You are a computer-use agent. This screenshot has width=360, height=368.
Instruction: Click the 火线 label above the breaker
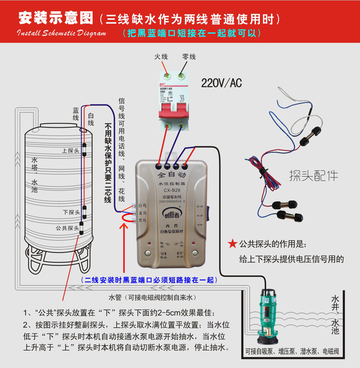point(161,57)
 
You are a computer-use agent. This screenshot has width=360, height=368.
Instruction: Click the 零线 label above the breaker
point(189,57)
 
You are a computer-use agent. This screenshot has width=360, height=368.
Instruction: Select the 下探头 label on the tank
point(71,212)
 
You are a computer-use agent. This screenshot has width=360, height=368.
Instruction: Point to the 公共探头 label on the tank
point(67,228)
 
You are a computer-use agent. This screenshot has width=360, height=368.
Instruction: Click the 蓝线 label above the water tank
point(75,114)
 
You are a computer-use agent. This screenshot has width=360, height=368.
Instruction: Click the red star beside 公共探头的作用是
point(232,244)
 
